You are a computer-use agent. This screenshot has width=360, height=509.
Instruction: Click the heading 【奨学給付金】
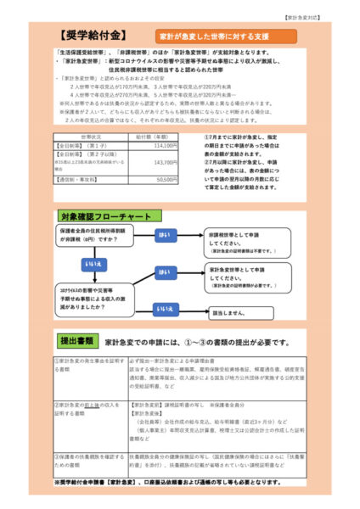[92, 36]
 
